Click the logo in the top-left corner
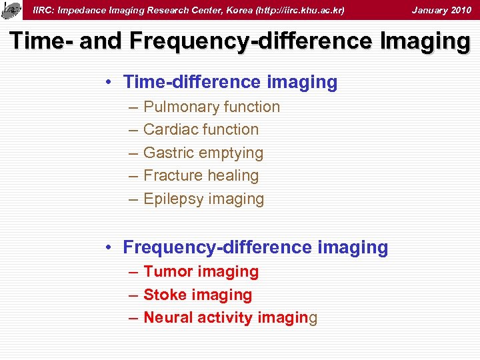[x=11, y=10]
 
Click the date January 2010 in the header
[x=441, y=10]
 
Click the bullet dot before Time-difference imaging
[x=107, y=83]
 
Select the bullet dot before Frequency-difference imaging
[x=107, y=248]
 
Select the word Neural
[x=168, y=318]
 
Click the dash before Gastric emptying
[x=132, y=153]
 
